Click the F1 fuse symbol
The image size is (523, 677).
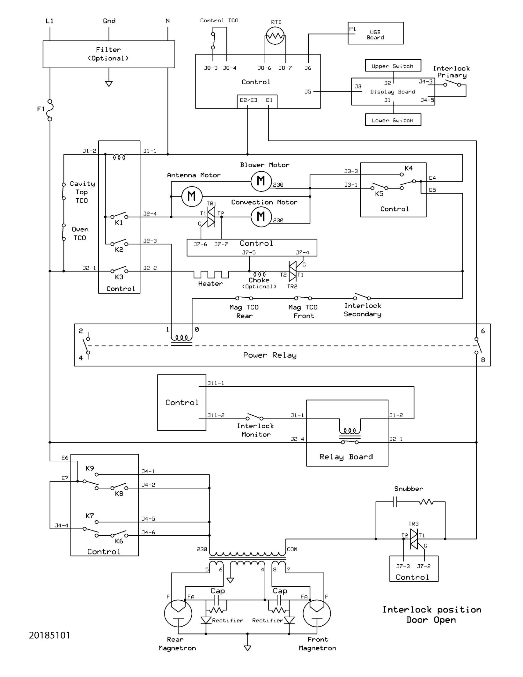pyautogui.click(x=50, y=110)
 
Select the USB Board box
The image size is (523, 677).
pyautogui.click(x=376, y=33)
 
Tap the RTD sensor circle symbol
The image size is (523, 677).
pyautogui.click(x=275, y=36)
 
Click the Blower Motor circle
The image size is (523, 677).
pyautogui.click(x=261, y=181)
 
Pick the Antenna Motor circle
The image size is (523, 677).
pyautogui.click(x=192, y=196)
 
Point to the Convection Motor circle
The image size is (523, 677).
pyautogui.click(x=261, y=217)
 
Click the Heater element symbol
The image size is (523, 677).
pyautogui.click(x=211, y=274)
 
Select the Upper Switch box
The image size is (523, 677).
pyautogui.click(x=393, y=66)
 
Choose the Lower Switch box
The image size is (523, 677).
pyautogui.click(x=393, y=120)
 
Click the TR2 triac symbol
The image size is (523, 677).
pyautogui.click(x=292, y=271)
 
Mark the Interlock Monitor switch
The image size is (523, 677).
pyautogui.click(x=254, y=417)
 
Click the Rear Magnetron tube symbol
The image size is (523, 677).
pyautogui.click(x=178, y=613)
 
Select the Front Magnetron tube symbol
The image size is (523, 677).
pyautogui.click(x=317, y=613)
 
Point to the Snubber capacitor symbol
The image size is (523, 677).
pyautogui.click(x=395, y=502)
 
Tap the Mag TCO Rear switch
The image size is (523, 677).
pyautogui.click(x=244, y=298)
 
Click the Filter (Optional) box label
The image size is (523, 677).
pyautogui.click(x=108, y=54)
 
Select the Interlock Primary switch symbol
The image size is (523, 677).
pyautogui.click(x=452, y=84)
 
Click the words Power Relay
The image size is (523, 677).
pyautogui.click(x=270, y=355)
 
